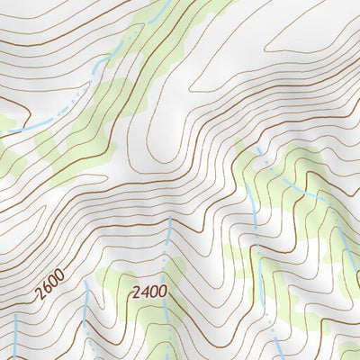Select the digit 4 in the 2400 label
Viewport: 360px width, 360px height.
coord(142,292)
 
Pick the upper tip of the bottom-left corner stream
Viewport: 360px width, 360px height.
coord(16,315)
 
